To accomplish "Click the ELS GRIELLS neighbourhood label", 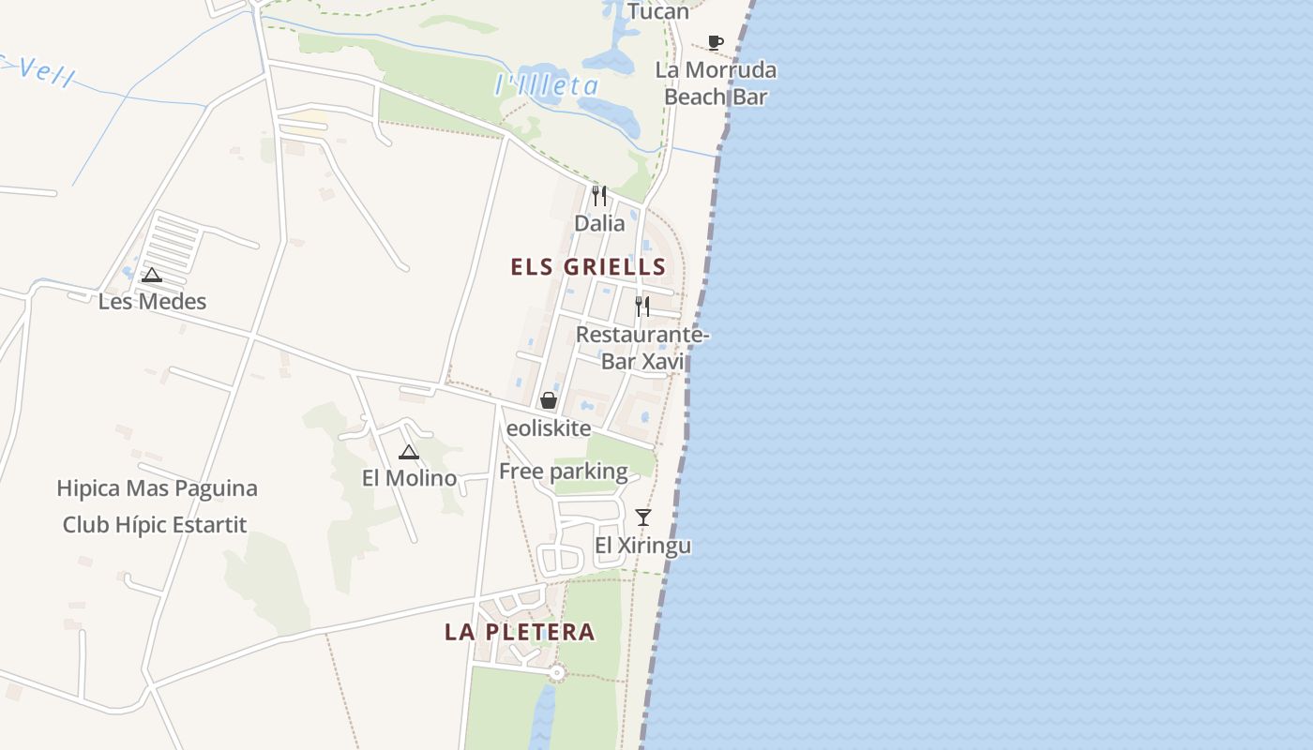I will [x=588, y=267].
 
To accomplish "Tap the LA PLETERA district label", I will [x=520, y=632].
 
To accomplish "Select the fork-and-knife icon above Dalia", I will [x=599, y=196].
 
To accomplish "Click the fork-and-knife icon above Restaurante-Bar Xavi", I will [x=642, y=307].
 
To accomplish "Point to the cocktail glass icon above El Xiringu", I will [x=643, y=517].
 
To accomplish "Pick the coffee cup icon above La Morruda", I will [x=716, y=42].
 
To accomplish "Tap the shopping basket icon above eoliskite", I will [x=549, y=400].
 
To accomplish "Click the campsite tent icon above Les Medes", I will [x=152, y=275].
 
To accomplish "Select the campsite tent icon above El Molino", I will [x=409, y=453].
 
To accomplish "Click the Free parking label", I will [x=563, y=472].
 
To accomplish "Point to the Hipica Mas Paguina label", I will [x=157, y=488].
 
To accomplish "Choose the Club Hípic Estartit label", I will [x=155, y=525].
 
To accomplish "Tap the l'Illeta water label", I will [x=546, y=86].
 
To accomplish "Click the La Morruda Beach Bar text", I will [x=716, y=83].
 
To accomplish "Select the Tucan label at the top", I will [x=658, y=11].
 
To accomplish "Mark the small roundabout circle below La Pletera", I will [x=557, y=672].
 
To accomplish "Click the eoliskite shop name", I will [x=549, y=428].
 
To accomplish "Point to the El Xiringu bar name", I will [x=643, y=546].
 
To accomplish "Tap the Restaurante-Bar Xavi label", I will [x=642, y=348].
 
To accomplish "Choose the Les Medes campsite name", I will [x=152, y=302].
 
